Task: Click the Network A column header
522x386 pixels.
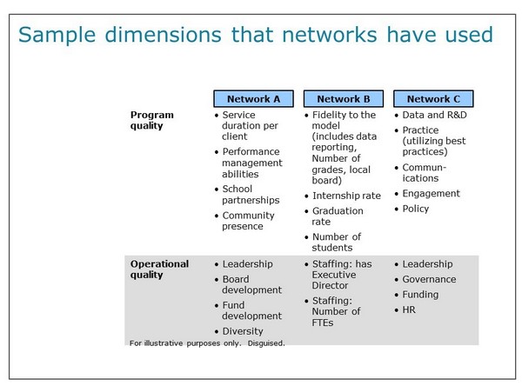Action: tap(253, 99)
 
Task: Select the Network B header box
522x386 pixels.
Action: tap(344, 99)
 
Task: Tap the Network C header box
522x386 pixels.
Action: tap(433, 99)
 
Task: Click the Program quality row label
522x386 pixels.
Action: tap(151, 120)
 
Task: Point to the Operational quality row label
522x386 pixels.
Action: tap(159, 270)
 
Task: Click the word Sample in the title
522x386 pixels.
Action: tap(57, 35)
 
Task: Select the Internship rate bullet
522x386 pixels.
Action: tap(346, 196)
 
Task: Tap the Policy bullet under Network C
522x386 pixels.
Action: tap(416, 209)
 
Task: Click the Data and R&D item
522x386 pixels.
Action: tap(434, 115)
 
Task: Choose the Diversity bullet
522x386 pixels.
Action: tap(243, 331)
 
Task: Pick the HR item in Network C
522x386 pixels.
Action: tap(409, 309)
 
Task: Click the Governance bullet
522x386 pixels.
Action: tap(429, 279)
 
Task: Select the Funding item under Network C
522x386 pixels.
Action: tap(420, 295)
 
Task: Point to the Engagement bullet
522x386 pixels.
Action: tap(432, 193)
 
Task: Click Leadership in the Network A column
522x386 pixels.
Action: tap(247, 264)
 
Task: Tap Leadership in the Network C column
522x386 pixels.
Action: tap(427, 264)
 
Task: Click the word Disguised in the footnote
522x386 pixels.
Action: tap(266, 343)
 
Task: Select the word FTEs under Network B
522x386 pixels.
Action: tap(322, 323)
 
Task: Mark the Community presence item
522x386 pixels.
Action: tap(248, 221)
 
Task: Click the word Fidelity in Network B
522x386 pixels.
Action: tap(329, 115)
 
